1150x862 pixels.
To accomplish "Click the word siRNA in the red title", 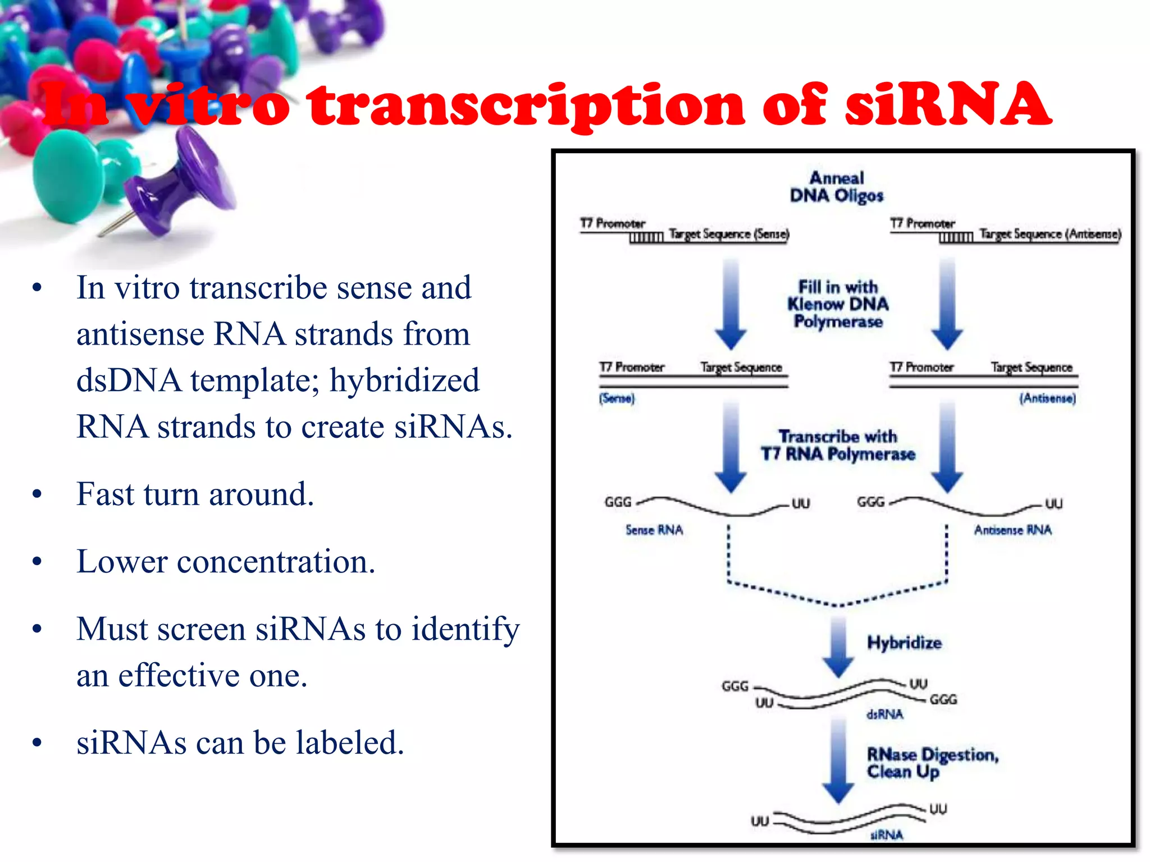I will point(948,105).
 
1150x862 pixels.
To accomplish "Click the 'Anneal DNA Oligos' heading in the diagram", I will point(837,187).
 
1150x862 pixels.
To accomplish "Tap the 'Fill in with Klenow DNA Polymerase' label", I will point(838,304).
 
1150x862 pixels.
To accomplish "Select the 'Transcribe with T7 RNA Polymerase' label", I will point(838,445).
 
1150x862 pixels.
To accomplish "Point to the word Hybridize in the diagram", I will point(904,643).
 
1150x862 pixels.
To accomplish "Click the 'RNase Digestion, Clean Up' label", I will point(932,763).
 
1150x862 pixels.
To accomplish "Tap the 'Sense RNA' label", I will point(654,530).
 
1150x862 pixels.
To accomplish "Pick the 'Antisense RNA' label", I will point(1012,530).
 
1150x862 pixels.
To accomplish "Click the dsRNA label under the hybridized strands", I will point(885,714).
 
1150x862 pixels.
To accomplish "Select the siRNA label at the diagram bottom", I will point(887,835).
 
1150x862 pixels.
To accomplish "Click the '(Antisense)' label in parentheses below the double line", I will point(1047,398).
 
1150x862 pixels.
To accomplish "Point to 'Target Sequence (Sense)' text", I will point(729,234).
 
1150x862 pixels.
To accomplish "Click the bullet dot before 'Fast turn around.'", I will point(37,494).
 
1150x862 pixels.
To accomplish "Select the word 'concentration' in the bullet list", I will point(275,562).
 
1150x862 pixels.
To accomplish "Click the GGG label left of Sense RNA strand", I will point(618,502).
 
